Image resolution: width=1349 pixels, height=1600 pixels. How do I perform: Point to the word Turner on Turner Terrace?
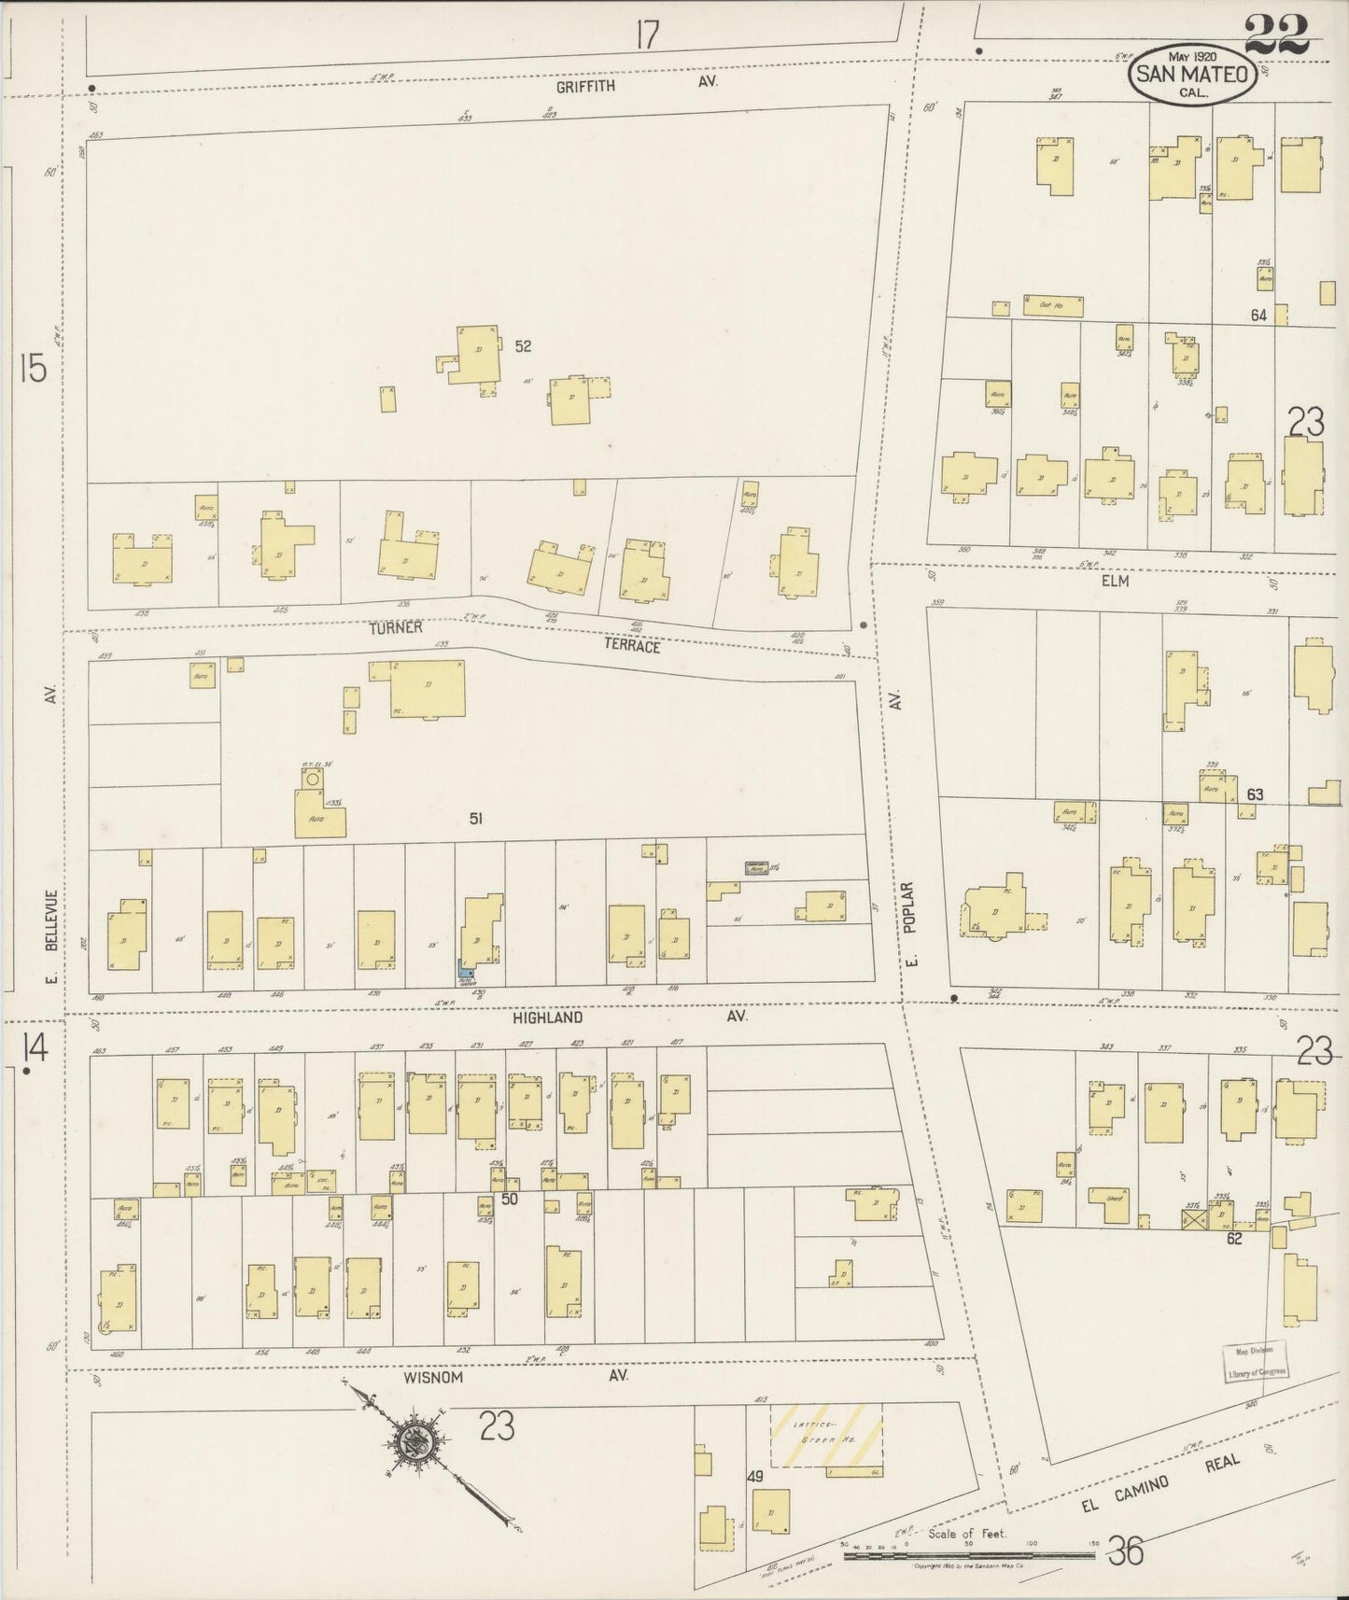coord(395,628)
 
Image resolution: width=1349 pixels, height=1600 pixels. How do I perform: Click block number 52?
coord(523,345)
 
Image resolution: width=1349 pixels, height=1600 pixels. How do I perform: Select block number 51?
coord(476,819)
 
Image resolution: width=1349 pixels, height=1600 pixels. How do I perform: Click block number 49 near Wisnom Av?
coord(756,1478)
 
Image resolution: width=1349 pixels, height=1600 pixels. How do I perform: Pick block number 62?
coord(1234,1240)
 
